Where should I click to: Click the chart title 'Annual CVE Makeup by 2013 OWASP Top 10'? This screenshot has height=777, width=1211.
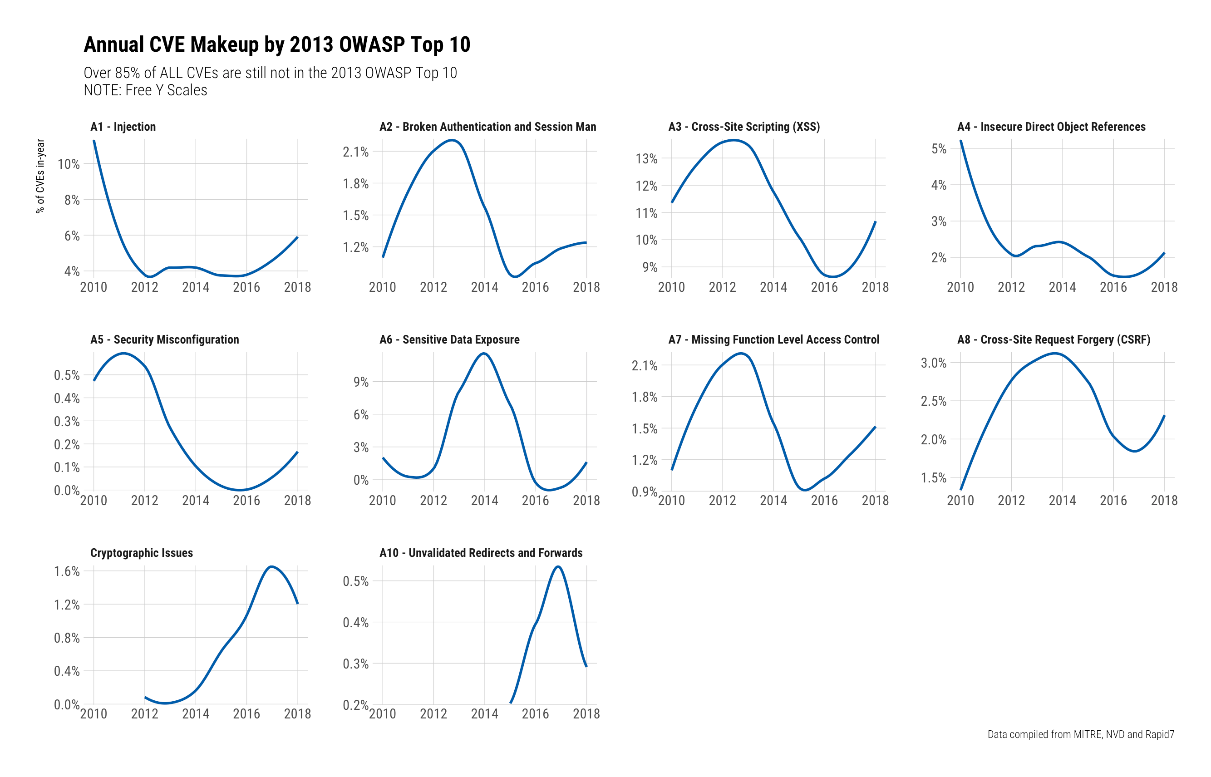click(x=276, y=44)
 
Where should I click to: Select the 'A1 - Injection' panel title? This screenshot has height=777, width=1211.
click(x=123, y=127)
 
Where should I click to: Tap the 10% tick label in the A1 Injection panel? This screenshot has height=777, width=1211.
click(x=69, y=164)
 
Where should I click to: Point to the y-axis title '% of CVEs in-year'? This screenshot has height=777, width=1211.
click(x=40, y=176)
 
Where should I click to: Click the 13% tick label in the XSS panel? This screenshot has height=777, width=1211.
click(x=646, y=159)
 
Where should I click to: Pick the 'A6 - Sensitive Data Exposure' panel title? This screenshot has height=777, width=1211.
click(x=449, y=339)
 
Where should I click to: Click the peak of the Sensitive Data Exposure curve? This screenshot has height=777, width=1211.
click(x=484, y=353)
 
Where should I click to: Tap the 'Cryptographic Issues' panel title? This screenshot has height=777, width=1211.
click(x=141, y=553)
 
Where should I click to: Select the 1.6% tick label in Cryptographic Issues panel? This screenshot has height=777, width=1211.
click(x=67, y=571)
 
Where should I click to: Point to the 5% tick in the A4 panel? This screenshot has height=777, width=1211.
click(x=939, y=149)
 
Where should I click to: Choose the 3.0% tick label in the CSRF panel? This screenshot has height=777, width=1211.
click(x=934, y=363)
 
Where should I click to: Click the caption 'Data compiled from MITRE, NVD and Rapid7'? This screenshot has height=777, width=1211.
click(x=1080, y=734)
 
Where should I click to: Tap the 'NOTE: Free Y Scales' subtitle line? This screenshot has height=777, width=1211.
click(x=145, y=90)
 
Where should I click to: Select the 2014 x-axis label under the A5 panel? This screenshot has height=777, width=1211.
click(x=196, y=501)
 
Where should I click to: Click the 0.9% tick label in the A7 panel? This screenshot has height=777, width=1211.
click(x=645, y=492)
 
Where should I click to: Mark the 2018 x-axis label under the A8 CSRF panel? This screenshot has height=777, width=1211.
click(x=1164, y=501)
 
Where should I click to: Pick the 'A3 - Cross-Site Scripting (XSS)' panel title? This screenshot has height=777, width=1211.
click(x=744, y=127)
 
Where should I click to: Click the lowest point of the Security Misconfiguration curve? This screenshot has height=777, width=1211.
click(x=241, y=489)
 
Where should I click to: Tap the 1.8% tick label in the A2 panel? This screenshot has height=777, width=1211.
click(x=356, y=184)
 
